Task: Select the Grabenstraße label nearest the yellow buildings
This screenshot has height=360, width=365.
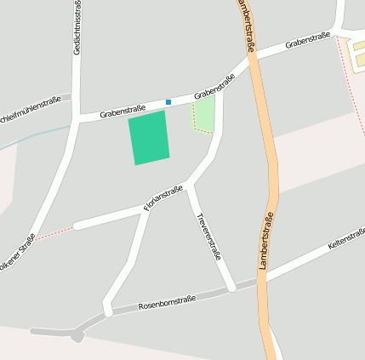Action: tap(307, 40)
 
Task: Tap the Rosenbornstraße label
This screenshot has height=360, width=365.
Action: tap(167, 302)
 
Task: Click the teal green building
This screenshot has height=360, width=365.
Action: tap(149, 137)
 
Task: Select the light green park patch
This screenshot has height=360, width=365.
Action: tap(203, 114)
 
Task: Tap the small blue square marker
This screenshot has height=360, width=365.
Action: tap(168, 102)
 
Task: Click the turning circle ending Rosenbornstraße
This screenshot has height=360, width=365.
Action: tap(77, 336)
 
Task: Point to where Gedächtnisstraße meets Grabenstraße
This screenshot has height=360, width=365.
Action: tap(77, 117)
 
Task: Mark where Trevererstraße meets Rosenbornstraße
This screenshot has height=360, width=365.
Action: tap(231, 288)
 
